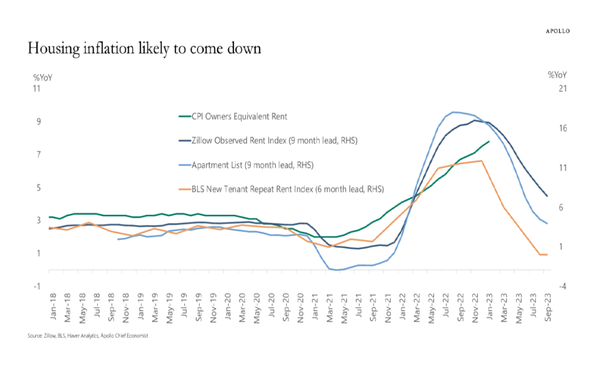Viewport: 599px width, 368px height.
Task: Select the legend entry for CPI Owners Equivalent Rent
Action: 239,116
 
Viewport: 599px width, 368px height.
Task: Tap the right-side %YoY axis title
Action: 557,75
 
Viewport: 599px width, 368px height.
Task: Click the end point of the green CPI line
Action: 489,141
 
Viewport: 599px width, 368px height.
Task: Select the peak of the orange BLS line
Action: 481,161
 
